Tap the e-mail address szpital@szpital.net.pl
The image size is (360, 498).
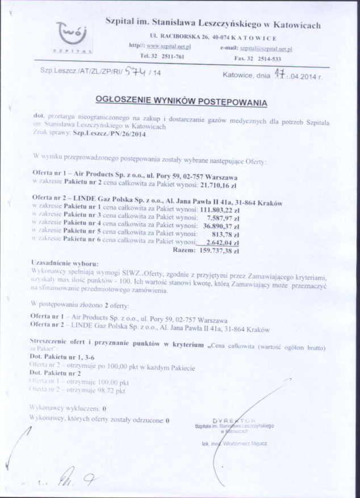[x=266, y=49]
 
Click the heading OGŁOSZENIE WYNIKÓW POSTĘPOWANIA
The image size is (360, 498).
[x=181, y=102]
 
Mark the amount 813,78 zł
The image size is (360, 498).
[x=228, y=233]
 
